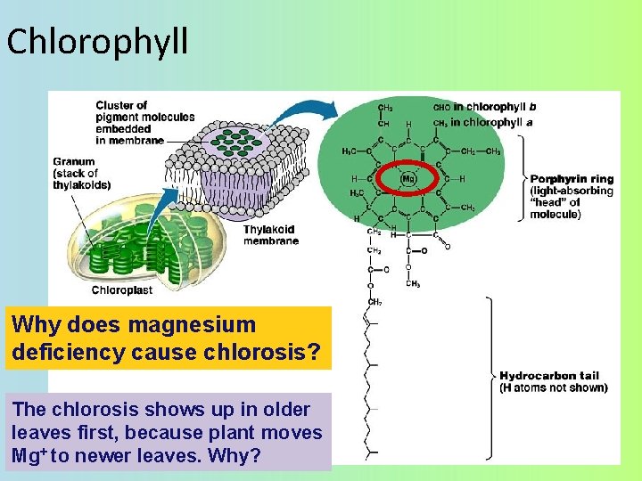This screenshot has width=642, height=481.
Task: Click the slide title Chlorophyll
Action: point(97,41)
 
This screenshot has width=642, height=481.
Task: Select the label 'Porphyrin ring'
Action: point(572,179)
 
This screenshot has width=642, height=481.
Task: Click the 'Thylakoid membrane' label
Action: point(270,234)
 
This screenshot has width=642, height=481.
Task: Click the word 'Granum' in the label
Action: point(74,162)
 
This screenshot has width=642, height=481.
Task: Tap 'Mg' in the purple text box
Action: point(29,455)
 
